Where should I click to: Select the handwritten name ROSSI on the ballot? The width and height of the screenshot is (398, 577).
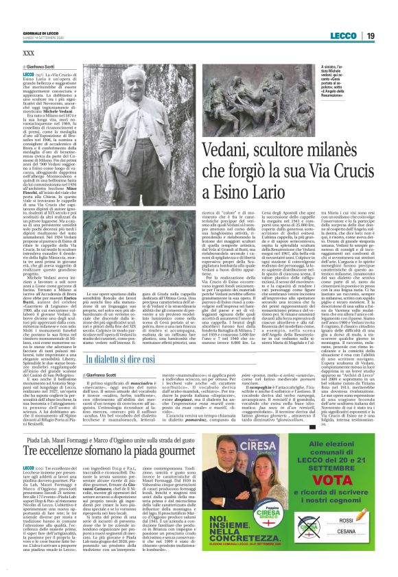342,541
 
